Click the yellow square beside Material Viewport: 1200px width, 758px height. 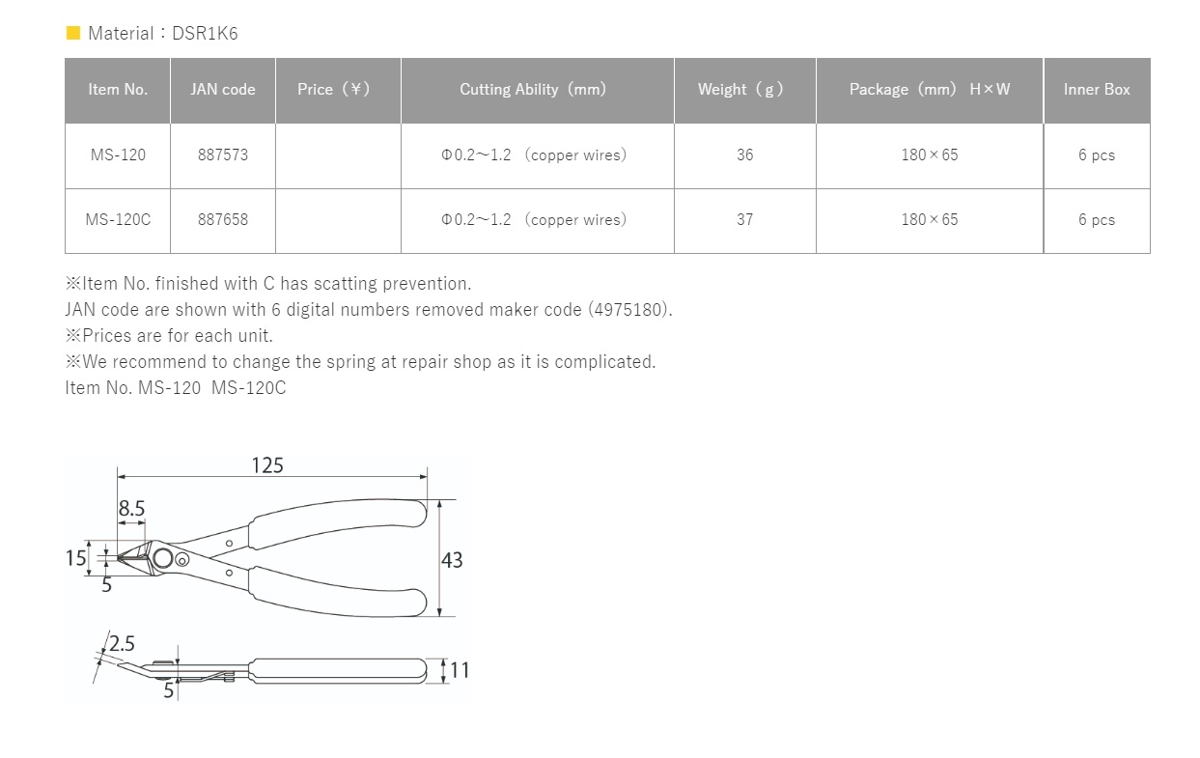tap(73, 34)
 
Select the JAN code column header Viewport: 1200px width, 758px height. tap(223, 90)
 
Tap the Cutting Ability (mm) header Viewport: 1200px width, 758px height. tap(533, 90)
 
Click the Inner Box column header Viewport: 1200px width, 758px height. tap(1097, 90)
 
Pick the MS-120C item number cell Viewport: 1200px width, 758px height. tap(118, 220)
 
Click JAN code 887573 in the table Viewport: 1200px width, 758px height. tap(223, 155)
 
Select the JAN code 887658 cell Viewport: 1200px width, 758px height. tap(223, 220)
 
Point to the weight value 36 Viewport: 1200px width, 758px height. tap(744, 155)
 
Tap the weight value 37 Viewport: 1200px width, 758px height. tap(744, 220)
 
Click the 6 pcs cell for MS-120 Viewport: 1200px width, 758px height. tap(1097, 155)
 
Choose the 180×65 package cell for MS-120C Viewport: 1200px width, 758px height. tap(929, 220)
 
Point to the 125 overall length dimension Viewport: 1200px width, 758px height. tap(267, 465)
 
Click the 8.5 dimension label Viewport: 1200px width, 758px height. tap(132, 509)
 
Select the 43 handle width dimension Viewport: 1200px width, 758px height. tap(452, 560)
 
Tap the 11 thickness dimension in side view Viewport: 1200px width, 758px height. tap(460, 670)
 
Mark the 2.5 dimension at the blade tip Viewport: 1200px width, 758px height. tap(123, 643)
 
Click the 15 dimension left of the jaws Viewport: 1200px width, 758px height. tap(76, 558)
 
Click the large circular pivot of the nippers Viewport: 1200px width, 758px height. tap(162, 559)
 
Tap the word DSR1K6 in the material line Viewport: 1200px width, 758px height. tap(205, 34)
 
